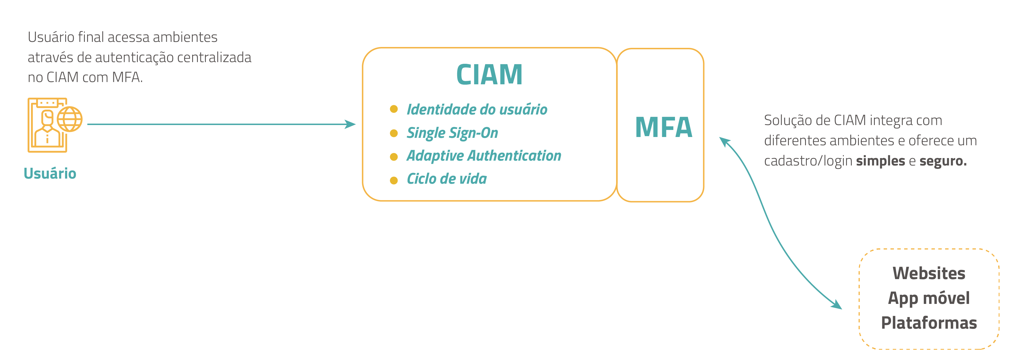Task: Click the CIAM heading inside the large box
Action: click(489, 75)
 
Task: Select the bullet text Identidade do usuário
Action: click(477, 110)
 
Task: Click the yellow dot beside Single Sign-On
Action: click(393, 133)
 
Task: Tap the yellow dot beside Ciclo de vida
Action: click(393, 181)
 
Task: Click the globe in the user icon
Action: click(70, 119)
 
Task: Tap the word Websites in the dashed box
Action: click(928, 273)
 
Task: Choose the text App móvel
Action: click(928, 298)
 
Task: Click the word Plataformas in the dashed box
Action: click(928, 323)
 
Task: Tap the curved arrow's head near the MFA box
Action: click(725, 141)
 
